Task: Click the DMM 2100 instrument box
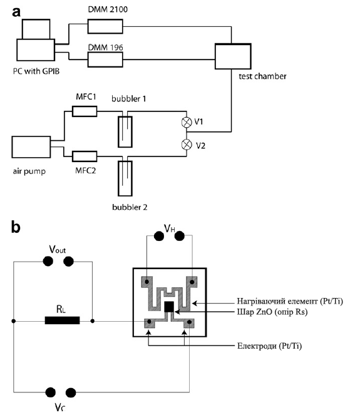105,26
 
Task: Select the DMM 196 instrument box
105,59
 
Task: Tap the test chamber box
233,56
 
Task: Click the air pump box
31,147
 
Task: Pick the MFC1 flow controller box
85,111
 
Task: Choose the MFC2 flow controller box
85,156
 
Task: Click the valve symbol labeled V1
187,122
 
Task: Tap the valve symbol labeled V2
187,145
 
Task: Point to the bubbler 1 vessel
125,131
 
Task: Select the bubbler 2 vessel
125,178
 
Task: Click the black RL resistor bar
62,320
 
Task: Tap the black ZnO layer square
169,307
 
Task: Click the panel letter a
16,13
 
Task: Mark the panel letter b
16,227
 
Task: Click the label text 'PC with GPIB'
36,71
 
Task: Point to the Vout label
58,249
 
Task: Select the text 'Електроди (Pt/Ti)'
269,346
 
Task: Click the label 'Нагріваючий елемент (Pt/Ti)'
290,301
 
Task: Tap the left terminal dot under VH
159,236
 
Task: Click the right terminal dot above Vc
71,392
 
